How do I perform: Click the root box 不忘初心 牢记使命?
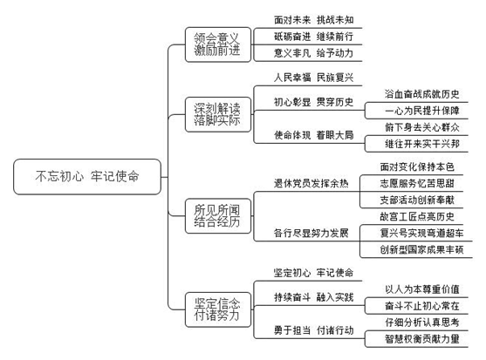tap(87, 177)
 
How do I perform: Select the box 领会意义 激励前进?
tap(218, 44)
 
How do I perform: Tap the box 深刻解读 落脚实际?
tap(218, 114)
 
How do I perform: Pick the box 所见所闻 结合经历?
tap(218, 216)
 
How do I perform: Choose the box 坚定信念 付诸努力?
tap(218, 309)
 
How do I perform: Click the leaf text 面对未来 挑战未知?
tap(313, 20)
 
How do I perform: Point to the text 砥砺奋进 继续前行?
tap(313, 37)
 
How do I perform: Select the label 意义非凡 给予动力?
tap(313, 53)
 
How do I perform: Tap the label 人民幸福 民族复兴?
tap(313, 78)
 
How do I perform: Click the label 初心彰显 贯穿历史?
tap(313, 102)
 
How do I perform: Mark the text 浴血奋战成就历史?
tap(421, 94)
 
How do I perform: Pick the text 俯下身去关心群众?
tap(421, 127)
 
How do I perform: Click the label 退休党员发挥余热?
tap(311, 183)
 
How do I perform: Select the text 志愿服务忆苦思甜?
tap(417, 183)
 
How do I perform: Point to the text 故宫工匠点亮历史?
tap(417, 216)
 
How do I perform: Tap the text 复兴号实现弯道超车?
tap(421, 233)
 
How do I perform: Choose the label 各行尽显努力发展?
tap(311, 233)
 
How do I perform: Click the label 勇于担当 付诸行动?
tap(313, 330)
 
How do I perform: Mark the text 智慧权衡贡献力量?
tap(421, 339)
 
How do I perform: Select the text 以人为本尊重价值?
tap(421, 289)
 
